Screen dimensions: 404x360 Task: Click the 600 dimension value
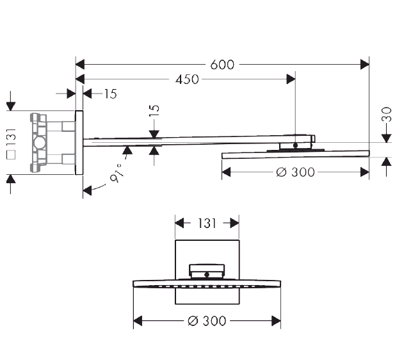point(222,65)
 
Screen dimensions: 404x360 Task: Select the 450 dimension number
point(187,79)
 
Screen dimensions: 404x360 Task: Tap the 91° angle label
point(117,173)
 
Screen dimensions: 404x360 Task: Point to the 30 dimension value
point(387,115)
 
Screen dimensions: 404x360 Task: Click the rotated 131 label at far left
point(12,137)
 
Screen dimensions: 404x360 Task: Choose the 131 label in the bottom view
point(207,224)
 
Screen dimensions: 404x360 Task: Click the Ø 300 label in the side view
point(295,172)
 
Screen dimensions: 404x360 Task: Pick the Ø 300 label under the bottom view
point(207,321)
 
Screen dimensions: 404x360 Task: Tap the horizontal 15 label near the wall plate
point(111,94)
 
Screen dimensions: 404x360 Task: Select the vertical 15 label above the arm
point(154,111)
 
